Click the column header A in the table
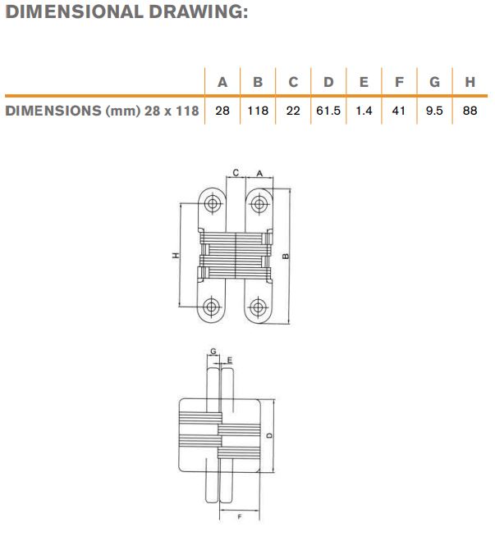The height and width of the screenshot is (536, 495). coord(222,82)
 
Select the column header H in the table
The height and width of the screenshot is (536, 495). coord(470,82)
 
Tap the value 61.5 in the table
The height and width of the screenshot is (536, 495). coord(328,111)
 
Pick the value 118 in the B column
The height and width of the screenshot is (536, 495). coord(258,111)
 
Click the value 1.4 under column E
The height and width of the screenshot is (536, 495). coord(364,111)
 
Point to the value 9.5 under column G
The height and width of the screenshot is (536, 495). coord(434,111)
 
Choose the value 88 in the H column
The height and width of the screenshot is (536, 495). coord(470,111)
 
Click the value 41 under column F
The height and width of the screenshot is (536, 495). coord(399,111)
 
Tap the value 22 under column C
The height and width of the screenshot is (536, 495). coord(293,111)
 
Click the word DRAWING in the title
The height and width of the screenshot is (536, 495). coord(198,11)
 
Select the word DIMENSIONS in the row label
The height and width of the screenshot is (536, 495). coord(53,111)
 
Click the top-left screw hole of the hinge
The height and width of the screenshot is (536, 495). coord(213,204)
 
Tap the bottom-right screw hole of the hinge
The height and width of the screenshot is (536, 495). coord(259,307)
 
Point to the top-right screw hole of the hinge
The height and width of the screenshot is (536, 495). coord(259,204)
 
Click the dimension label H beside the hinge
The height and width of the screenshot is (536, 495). coord(176,256)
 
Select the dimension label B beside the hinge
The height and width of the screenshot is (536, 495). coord(286,256)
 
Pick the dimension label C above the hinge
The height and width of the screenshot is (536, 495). coord(236,173)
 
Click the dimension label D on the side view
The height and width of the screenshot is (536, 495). coord(270,435)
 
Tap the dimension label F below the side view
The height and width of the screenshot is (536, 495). coord(240,517)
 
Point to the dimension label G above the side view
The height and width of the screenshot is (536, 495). coord(213,351)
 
